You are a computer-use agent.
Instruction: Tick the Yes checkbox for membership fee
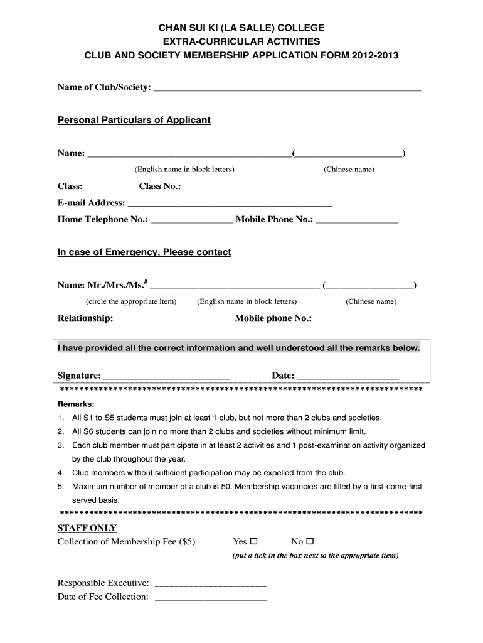pos(254,541)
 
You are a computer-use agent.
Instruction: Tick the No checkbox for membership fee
pos(310,541)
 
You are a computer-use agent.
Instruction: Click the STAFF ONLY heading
pos(87,527)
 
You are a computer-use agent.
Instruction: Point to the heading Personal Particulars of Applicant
pos(134,120)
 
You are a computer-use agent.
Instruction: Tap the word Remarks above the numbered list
pos(76,404)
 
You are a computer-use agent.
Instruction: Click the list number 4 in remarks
pos(60,473)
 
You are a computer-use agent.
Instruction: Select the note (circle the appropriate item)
pos(131,301)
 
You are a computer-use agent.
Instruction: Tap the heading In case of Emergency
pos(144,252)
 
